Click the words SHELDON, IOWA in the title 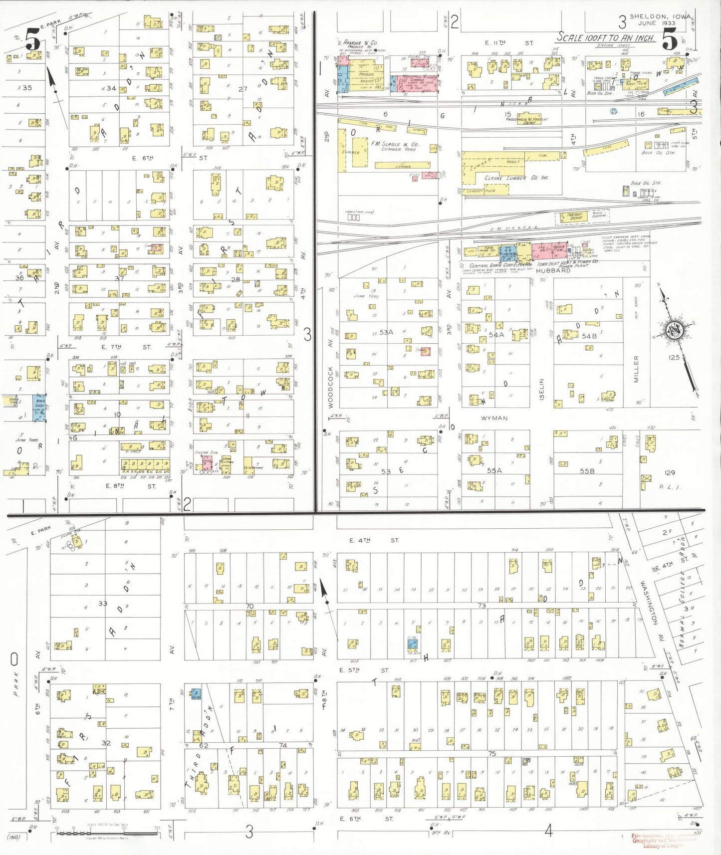click(x=660, y=16)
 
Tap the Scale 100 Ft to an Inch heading click(x=605, y=38)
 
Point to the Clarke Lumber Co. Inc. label click(x=516, y=178)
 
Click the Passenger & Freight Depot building click(x=526, y=120)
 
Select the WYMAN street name click(x=494, y=418)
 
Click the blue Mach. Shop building click(x=39, y=407)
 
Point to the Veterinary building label click(x=254, y=468)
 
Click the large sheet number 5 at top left click(x=33, y=39)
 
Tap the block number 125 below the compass click(x=674, y=357)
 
